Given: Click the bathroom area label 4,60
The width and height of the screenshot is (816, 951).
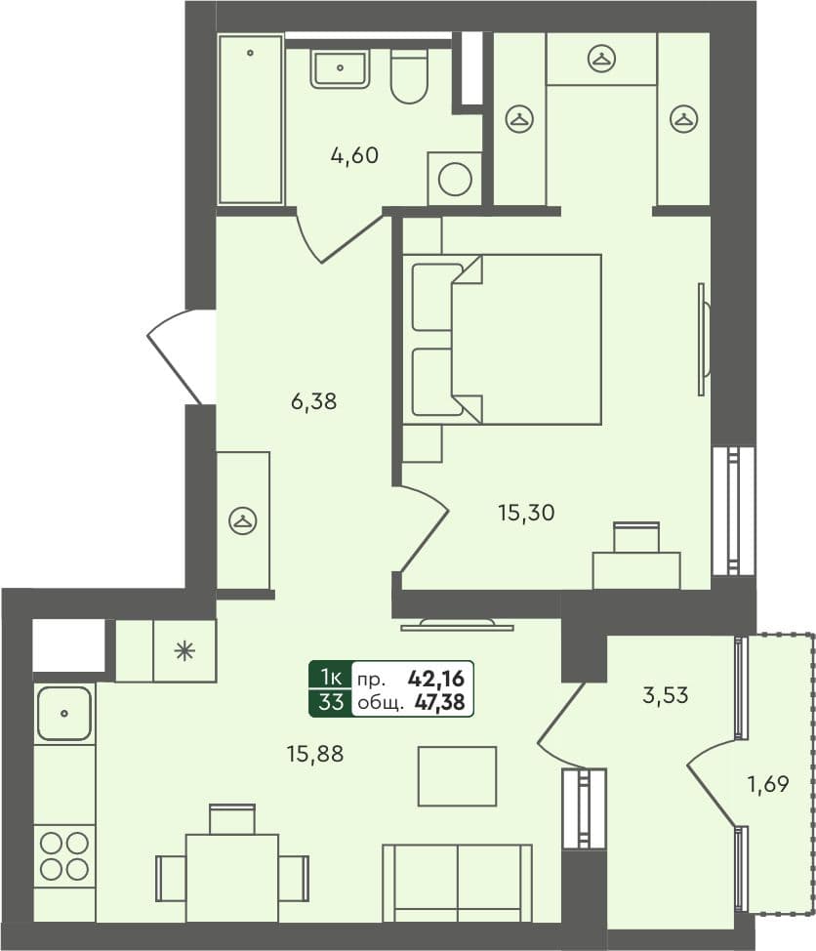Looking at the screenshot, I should [353, 154].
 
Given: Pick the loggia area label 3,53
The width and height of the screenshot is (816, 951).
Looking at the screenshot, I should [667, 695].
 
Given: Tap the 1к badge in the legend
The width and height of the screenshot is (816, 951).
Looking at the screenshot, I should [330, 676].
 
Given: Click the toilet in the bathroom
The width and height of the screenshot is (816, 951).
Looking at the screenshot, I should [409, 76].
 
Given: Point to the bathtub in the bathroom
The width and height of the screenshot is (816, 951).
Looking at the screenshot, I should [251, 119].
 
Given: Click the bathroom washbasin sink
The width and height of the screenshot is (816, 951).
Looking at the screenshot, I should [340, 68].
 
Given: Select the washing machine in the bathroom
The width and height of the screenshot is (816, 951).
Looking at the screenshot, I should [455, 179].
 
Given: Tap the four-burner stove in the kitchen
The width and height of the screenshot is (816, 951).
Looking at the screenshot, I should [64, 855].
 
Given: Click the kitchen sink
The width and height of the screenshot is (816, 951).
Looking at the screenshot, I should [64, 712].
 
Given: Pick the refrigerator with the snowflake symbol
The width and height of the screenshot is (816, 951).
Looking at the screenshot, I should [184, 650].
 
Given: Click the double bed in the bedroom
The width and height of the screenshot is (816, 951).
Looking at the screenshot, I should [503, 339].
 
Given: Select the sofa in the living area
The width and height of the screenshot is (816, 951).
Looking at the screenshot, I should [457, 883].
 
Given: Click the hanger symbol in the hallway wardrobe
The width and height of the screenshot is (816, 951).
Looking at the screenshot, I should [241, 520].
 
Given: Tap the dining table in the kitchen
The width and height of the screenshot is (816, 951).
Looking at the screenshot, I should [232, 876].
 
